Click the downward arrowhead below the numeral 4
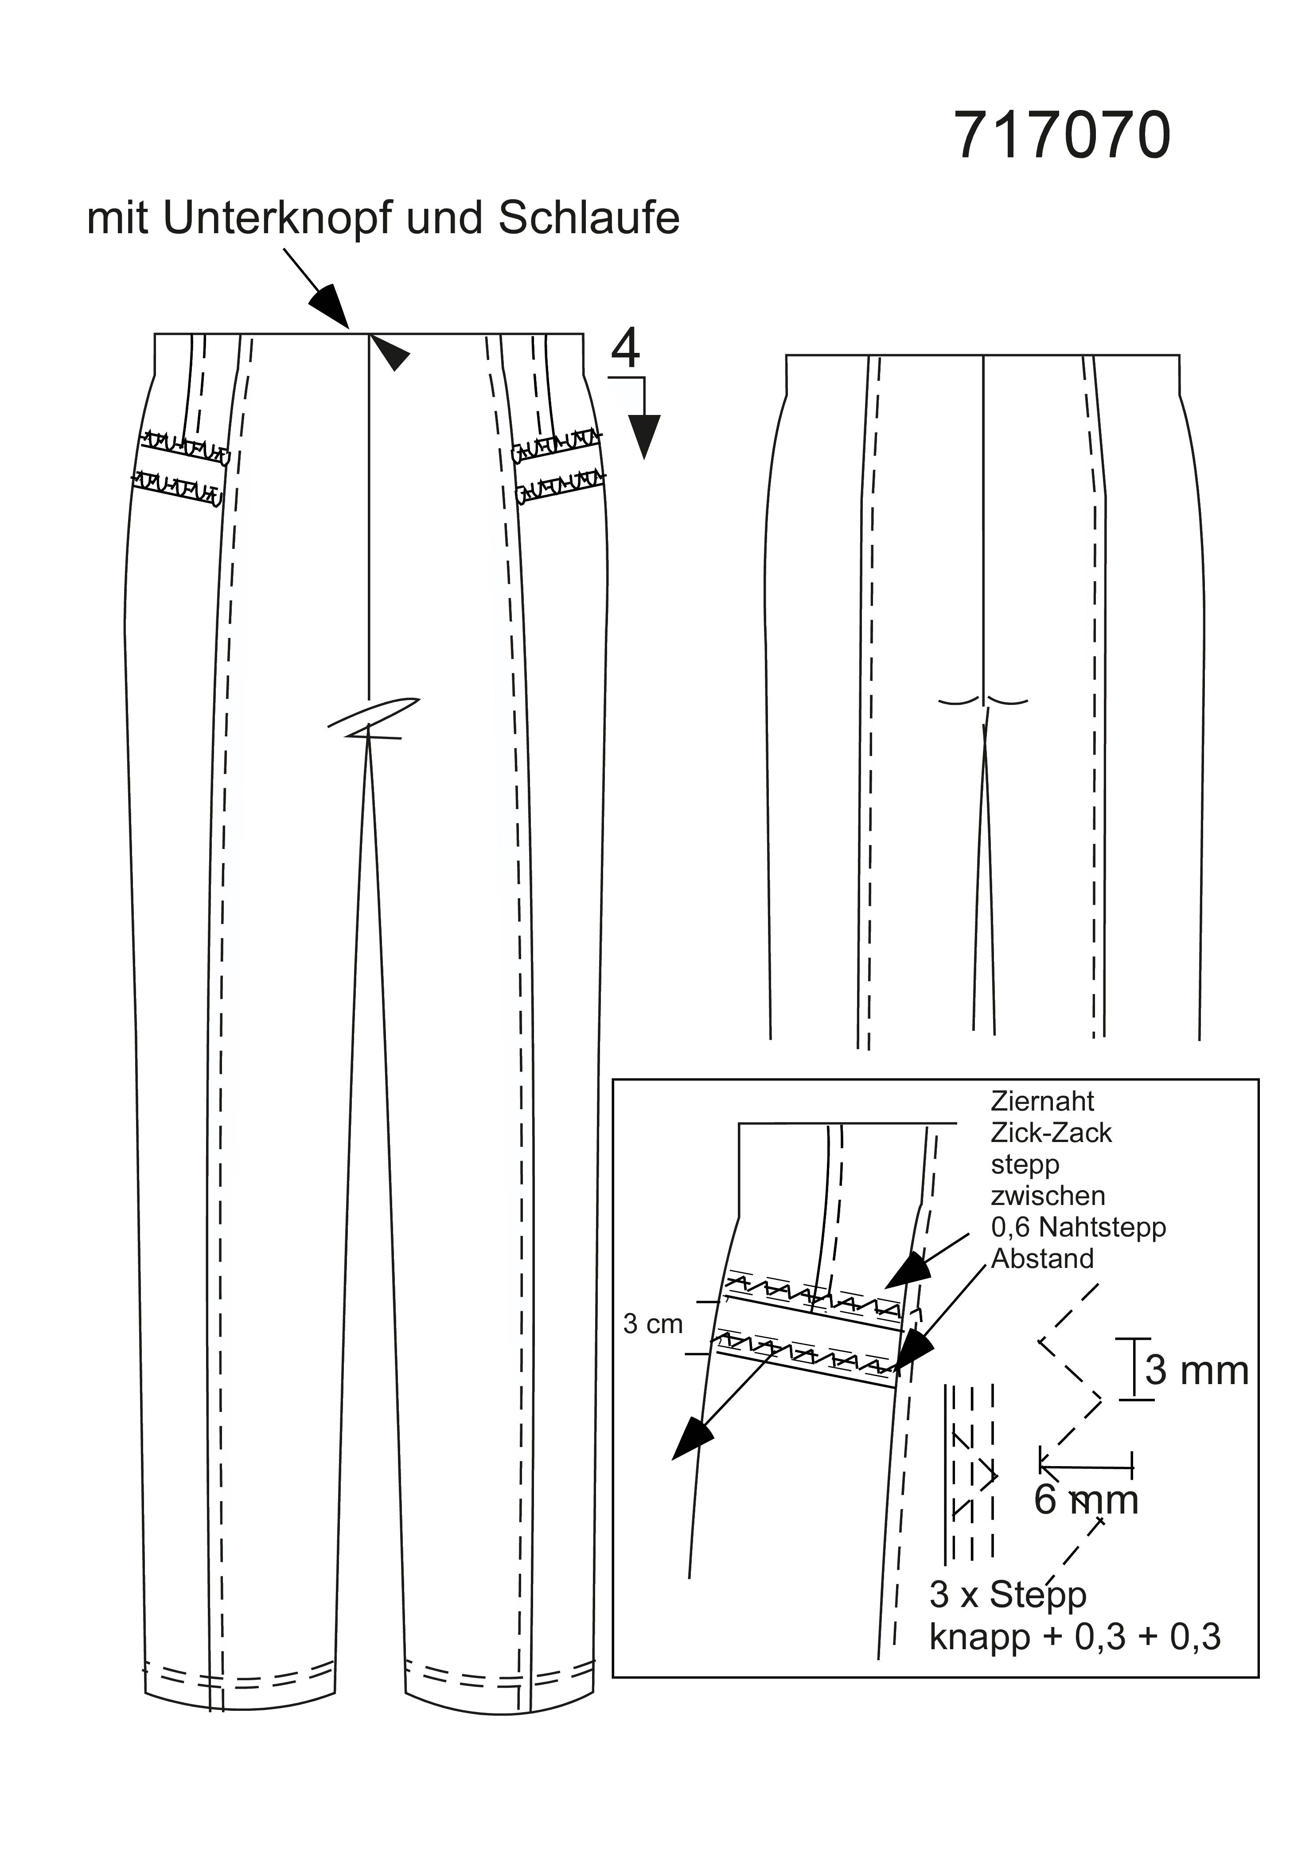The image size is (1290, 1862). pos(644,437)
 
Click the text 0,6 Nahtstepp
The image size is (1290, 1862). pos(1078,1227)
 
